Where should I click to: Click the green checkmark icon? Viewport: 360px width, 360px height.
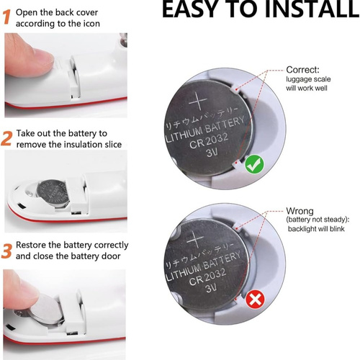(255, 164)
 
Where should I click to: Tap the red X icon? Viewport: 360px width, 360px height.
(255, 300)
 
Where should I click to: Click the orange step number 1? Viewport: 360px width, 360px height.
(7, 17)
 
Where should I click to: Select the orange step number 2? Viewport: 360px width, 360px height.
(6, 138)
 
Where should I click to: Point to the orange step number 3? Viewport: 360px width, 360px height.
(6, 251)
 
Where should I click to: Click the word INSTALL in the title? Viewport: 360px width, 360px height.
(312, 9)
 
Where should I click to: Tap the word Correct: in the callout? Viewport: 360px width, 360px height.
(303, 70)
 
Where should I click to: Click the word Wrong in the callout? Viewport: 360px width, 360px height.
(300, 211)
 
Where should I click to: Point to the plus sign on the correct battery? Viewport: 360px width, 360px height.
(197, 101)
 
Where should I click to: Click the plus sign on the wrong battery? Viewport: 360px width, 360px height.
(195, 239)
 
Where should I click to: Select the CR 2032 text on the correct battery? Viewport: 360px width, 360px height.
(209, 141)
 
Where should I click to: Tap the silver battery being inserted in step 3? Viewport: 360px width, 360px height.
(47, 310)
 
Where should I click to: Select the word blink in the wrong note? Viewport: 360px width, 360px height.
(337, 229)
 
